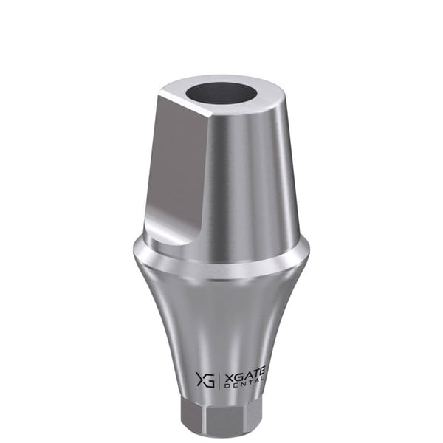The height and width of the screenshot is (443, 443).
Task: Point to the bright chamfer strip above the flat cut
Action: (x=185, y=103)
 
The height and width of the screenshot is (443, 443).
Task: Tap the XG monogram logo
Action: (x=205, y=380)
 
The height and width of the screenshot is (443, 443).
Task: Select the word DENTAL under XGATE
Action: (x=244, y=385)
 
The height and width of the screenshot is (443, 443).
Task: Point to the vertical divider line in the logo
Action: (x=219, y=380)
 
